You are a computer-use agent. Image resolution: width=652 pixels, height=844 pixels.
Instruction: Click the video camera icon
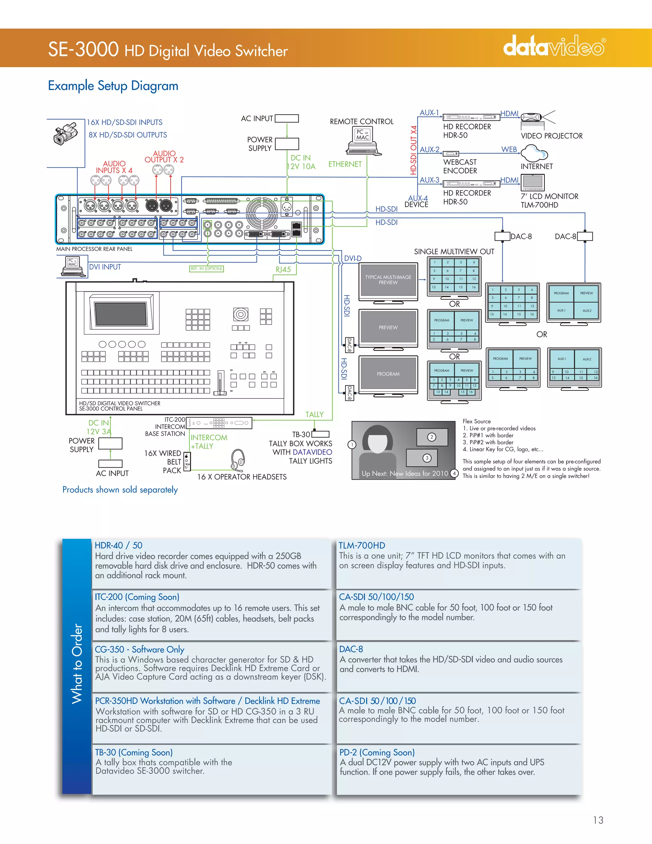pos(65,134)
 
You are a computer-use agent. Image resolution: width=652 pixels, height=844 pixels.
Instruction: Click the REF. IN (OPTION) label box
pos(206,268)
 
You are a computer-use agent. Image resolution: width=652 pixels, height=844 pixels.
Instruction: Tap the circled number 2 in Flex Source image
pos(431,437)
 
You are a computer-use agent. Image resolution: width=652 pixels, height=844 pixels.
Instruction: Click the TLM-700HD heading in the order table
pos(362,545)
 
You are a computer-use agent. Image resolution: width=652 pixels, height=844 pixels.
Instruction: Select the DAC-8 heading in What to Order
pos(351,649)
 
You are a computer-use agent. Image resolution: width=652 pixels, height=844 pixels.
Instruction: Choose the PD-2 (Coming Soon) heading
pos(377,752)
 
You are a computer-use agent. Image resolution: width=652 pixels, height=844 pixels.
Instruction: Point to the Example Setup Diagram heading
pos(113,85)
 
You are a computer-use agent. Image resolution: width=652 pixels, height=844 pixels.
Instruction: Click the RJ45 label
pos(283,269)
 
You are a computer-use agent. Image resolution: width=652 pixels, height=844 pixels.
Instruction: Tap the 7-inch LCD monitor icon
pos(533,182)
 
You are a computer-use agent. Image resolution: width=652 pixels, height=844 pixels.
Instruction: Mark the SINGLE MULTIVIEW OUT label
pos(454,252)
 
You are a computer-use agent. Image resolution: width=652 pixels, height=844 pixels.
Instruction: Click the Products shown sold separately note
pos(120,490)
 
